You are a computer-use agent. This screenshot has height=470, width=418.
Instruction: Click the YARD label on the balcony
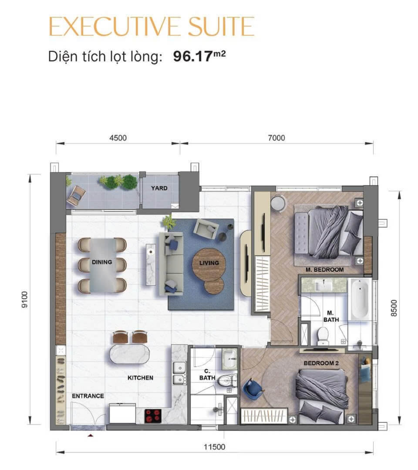click(159, 188)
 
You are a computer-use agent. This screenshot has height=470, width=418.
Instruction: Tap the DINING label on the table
click(102, 262)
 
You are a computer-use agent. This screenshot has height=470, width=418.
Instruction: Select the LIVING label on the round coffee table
click(209, 263)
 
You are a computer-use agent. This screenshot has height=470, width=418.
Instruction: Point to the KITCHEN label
click(140, 378)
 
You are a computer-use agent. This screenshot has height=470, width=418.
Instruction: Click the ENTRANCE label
click(88, 396)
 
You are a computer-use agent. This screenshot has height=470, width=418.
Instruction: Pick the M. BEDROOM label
click(325, 270)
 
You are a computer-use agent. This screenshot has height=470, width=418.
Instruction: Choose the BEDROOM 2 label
click(321, 363)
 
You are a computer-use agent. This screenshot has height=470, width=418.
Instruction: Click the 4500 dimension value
click(118, 138)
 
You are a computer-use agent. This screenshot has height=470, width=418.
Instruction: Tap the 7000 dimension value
click(276, 138)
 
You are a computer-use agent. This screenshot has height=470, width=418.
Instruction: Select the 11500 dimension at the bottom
click(214, 447)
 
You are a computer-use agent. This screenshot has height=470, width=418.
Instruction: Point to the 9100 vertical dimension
click(25, 300)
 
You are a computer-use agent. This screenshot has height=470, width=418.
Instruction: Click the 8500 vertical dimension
click(394, 308)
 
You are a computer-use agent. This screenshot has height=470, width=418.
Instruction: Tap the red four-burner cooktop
click(153, 416)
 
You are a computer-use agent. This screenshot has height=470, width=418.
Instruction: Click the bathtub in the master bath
click(360, 299)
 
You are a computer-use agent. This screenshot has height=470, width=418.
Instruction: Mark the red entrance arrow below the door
click(91, 435)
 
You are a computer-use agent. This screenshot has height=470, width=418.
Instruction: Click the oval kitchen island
click(129, 354)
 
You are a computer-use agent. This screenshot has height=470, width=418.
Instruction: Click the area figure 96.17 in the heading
click(193, 57)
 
